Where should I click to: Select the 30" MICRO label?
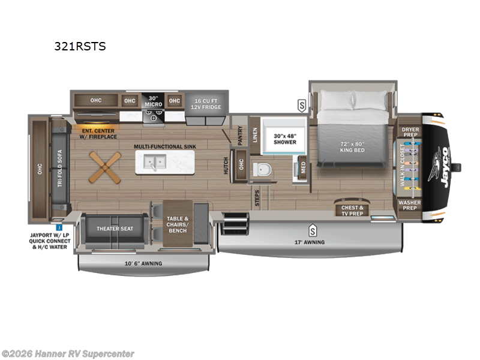point(152,101)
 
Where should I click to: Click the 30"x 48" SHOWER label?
point(285,139)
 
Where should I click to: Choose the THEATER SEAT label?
point(115,229)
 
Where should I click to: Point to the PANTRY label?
point(239,136)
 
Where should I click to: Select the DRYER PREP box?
point(410,132)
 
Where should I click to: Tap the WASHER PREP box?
point(410,206)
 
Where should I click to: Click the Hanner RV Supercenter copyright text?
point(68,354)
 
